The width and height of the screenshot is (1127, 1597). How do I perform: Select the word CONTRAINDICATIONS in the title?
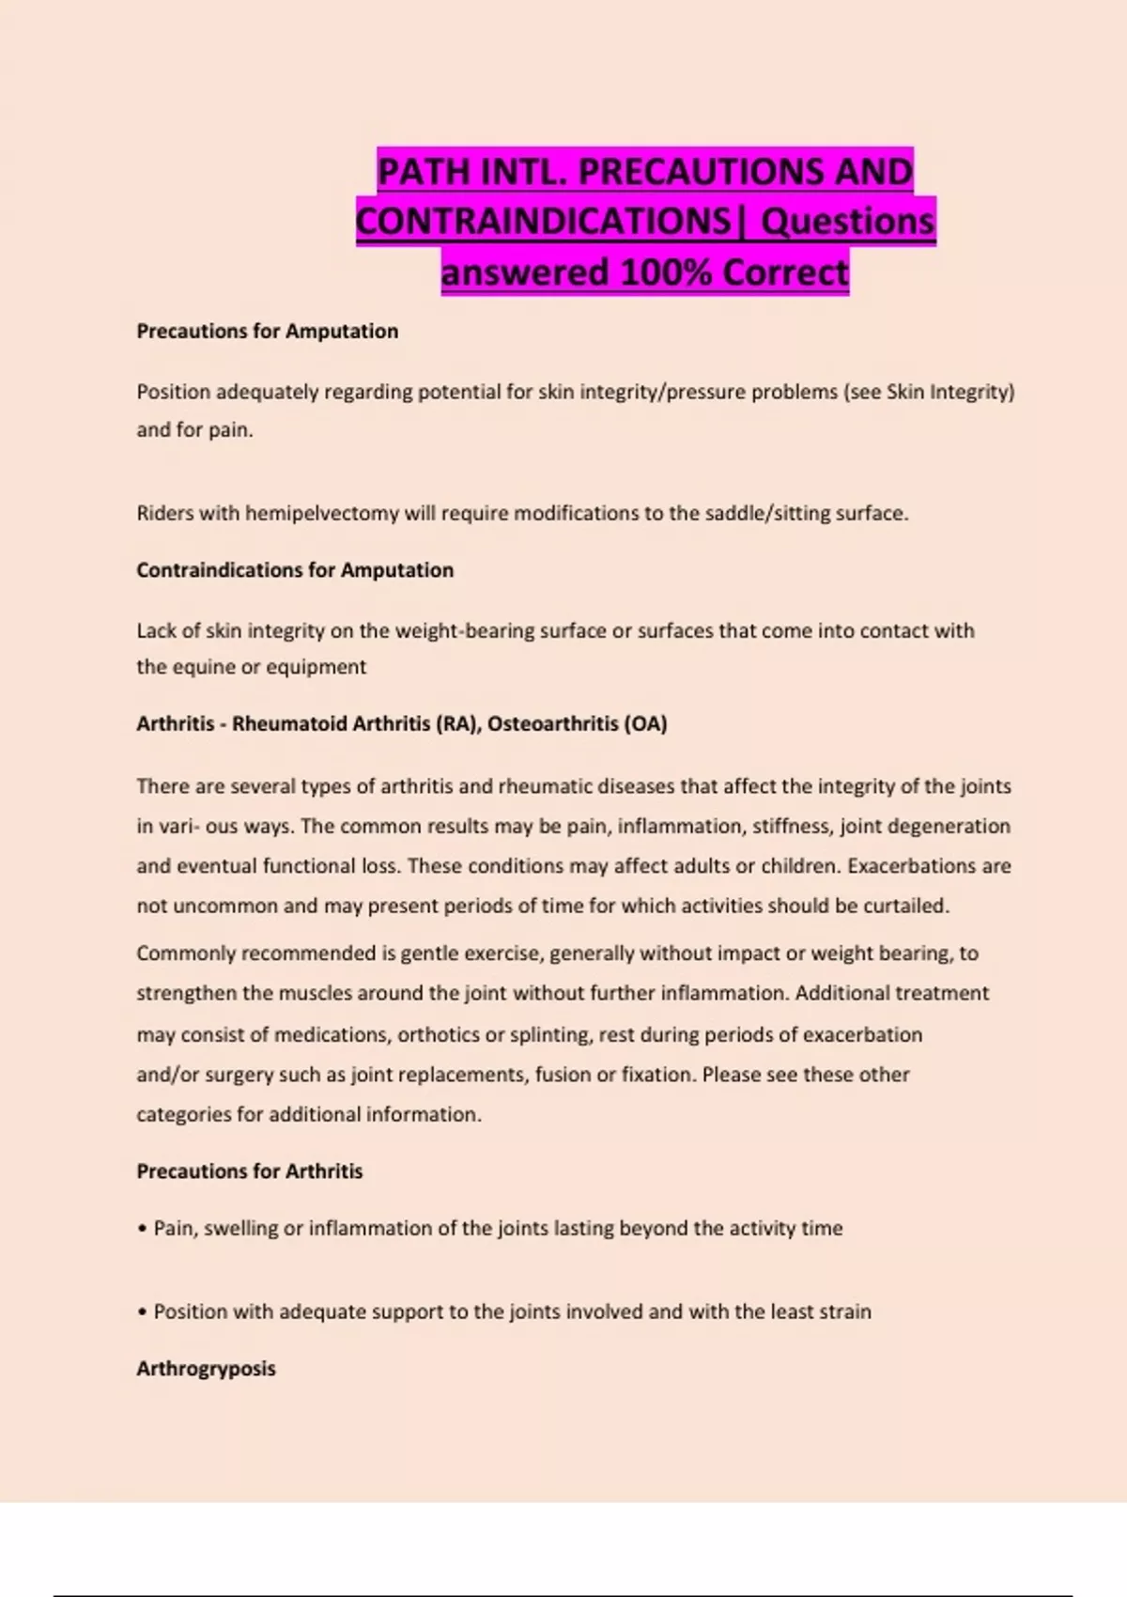pos(543,222)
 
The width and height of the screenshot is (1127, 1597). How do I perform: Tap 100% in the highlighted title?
pos(667,272)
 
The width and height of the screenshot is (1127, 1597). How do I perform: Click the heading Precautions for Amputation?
pos(267,331)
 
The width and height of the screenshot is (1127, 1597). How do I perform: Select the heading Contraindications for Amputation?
pos(294,569)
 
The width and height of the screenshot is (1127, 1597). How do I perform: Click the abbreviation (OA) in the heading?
pos(645,723)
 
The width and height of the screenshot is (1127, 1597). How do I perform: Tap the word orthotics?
pos(439,1034)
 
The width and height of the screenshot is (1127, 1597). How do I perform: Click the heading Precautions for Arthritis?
pos(249,1171)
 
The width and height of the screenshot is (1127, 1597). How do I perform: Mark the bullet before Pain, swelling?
pos(142,1229)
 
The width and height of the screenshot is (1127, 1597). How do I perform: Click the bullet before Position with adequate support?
pos(142,1311)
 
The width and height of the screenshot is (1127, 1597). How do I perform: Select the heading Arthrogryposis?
pos(206,1368)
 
